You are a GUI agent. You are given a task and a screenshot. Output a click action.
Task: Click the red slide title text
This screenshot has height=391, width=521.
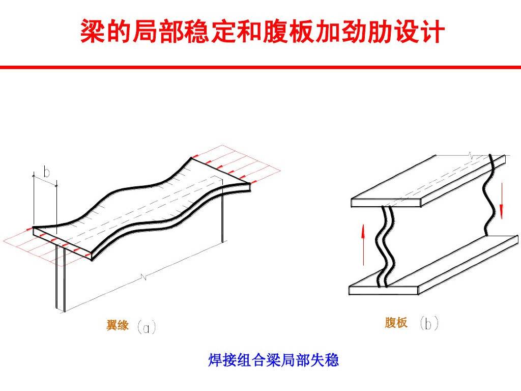[x=262, y=32]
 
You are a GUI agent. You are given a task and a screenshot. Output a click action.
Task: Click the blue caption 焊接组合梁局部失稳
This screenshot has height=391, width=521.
[x=273, y=360]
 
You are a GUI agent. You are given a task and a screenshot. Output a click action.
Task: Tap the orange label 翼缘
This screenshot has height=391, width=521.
[x=118, y=325]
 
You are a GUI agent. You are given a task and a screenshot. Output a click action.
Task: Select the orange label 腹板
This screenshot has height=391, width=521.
[x=396, y=323]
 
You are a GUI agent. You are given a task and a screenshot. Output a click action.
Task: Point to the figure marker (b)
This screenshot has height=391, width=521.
[x=429, y=323]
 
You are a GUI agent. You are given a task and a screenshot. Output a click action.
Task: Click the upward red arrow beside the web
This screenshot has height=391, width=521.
[x=363, y=244]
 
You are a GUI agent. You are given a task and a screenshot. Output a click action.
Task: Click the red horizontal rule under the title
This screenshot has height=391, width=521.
[x=260, y=67]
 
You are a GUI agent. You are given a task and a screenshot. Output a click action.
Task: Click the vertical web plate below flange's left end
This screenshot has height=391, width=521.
[x=60, y=285]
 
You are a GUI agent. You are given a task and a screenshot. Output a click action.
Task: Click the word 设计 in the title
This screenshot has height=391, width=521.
[x=419, y=32]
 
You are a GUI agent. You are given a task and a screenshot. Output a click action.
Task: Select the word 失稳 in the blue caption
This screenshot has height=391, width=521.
[x=327, y=360]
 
